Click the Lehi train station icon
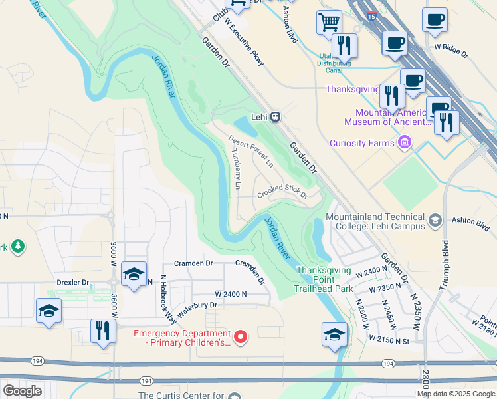click(x=276, y=116)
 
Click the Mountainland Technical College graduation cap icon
click(x=435, y=220)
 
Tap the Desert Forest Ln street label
click(x=251, y=150)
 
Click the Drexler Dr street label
click(x=72, y=283)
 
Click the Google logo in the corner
click(x=22, y=391)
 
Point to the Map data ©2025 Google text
click(x=456, y=394)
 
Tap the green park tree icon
click(x=18, y=247)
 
